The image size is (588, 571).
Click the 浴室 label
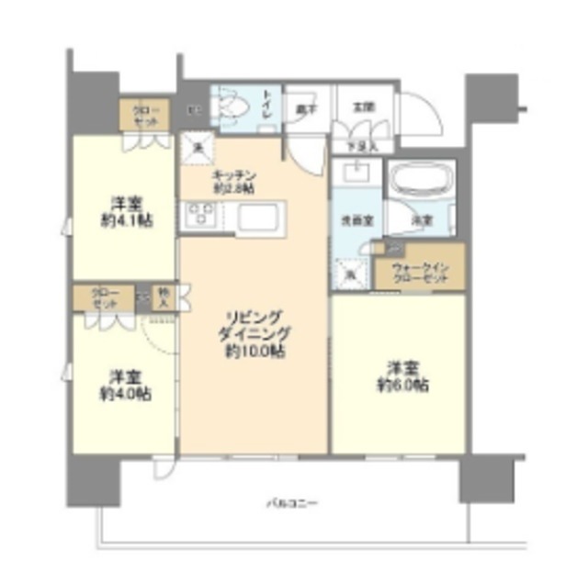(423, 220)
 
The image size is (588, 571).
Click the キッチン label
(233, 175)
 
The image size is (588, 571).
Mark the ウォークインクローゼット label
(419, 272)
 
